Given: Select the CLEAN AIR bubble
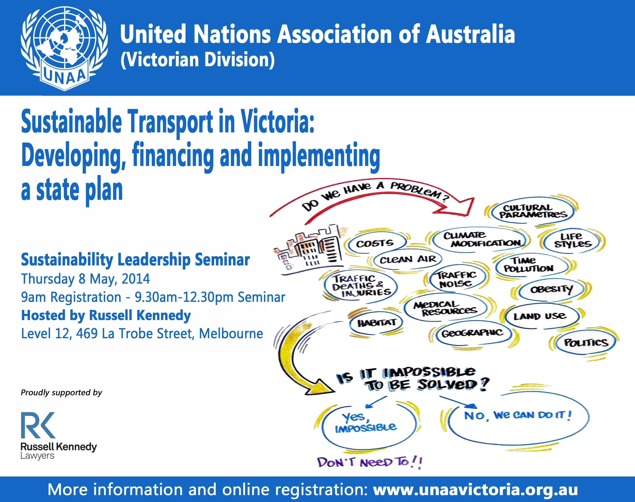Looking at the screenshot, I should [x=408, y=259].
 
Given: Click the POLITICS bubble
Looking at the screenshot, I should [x=586, y=342].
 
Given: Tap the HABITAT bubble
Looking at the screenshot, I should [x=377, y=323].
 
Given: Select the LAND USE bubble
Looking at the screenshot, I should [x=540, y=316].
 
